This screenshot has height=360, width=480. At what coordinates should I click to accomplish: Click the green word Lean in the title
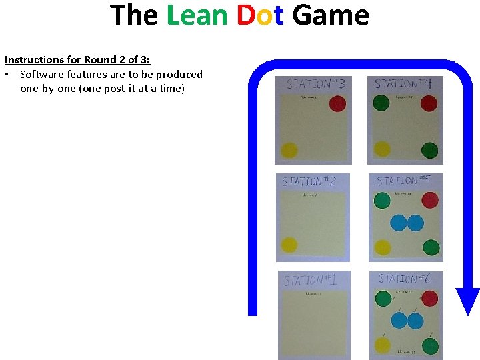(x=197, y=15)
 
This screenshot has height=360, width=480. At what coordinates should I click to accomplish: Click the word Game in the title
(x=331, y=15)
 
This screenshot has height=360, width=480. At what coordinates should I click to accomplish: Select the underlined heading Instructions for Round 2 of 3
(x=77, y=60)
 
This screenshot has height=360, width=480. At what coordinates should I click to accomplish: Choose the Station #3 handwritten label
(x=315, y=84)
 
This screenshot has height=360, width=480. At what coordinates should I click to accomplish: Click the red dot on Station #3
(x=338, y=103)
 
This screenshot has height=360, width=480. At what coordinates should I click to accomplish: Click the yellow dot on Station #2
(x=289, y=245)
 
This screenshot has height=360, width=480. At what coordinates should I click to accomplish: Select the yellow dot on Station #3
(x=289, y=151)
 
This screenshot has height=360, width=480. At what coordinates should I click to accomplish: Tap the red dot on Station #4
(x=429, y=103)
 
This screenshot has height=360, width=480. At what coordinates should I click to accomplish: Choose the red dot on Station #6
(x=430, y=298)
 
